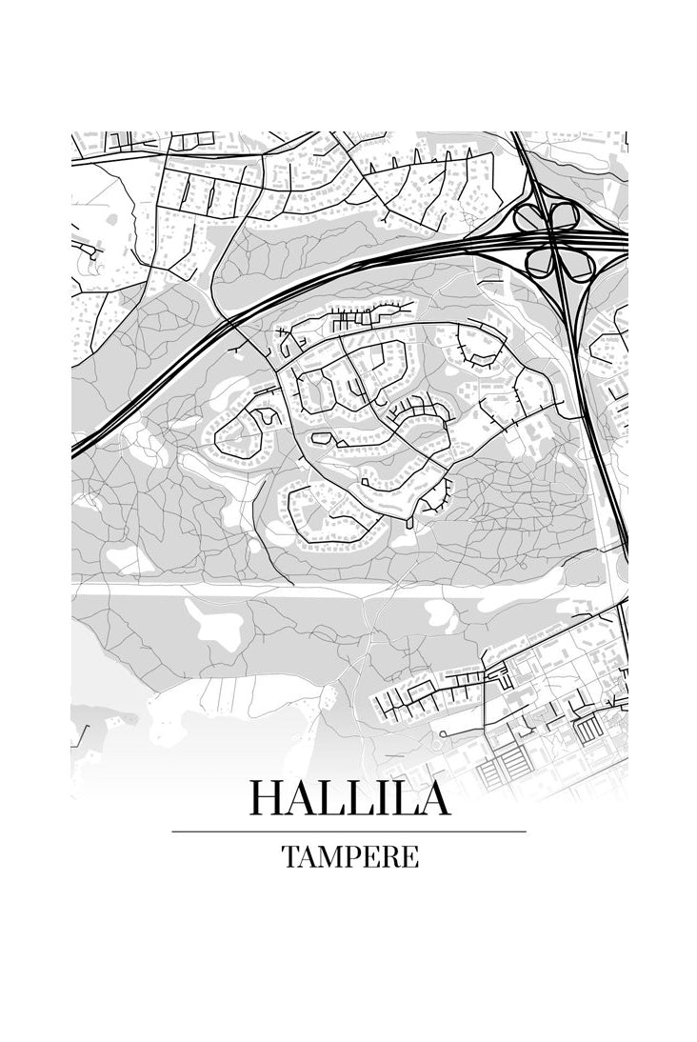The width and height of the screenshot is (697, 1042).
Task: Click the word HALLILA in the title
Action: point(348,798)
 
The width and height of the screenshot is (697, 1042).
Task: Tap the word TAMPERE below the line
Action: point(349,857)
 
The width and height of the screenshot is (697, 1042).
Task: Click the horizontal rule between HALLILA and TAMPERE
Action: point(348,832)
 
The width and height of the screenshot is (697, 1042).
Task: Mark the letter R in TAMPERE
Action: point(390,857)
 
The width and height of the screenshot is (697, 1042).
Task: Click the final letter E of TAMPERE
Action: point(409,857)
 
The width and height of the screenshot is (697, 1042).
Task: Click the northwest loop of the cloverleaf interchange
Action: point(529,218)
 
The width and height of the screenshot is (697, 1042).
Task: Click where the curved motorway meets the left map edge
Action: point(73,453)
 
